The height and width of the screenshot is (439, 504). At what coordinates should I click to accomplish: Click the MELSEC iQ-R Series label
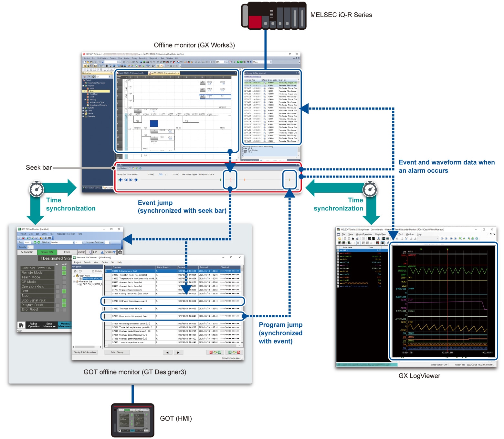(341, 15)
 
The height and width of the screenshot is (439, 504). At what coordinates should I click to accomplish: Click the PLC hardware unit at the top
(274, 15)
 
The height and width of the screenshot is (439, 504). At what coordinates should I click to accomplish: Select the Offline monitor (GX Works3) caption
(194, 45)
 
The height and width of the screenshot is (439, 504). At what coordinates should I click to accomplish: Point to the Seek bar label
(39, 168)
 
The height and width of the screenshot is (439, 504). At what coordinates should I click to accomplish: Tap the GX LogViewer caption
(419, 376)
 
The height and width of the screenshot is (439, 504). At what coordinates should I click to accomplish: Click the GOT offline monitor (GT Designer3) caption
(135, 372)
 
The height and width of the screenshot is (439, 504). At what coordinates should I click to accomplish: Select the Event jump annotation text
(182, 207)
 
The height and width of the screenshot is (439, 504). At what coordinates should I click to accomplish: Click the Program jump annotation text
(280, 333)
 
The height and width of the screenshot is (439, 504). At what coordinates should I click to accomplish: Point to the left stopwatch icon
(37, 189)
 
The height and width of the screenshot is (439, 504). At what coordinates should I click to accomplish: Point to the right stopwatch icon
(370, 189)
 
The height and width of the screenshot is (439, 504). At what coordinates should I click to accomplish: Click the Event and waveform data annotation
(446, 166)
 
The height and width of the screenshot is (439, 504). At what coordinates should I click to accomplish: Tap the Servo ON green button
(47, 252)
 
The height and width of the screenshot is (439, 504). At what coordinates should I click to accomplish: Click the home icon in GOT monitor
(21, 325)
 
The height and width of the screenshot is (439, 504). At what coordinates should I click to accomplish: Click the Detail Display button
(117, 352)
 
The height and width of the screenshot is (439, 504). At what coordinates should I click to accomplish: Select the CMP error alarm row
(173, 301)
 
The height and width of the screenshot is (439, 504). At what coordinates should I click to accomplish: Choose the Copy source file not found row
(173, 316)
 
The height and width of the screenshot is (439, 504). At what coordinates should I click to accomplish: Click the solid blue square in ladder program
(154, 123)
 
